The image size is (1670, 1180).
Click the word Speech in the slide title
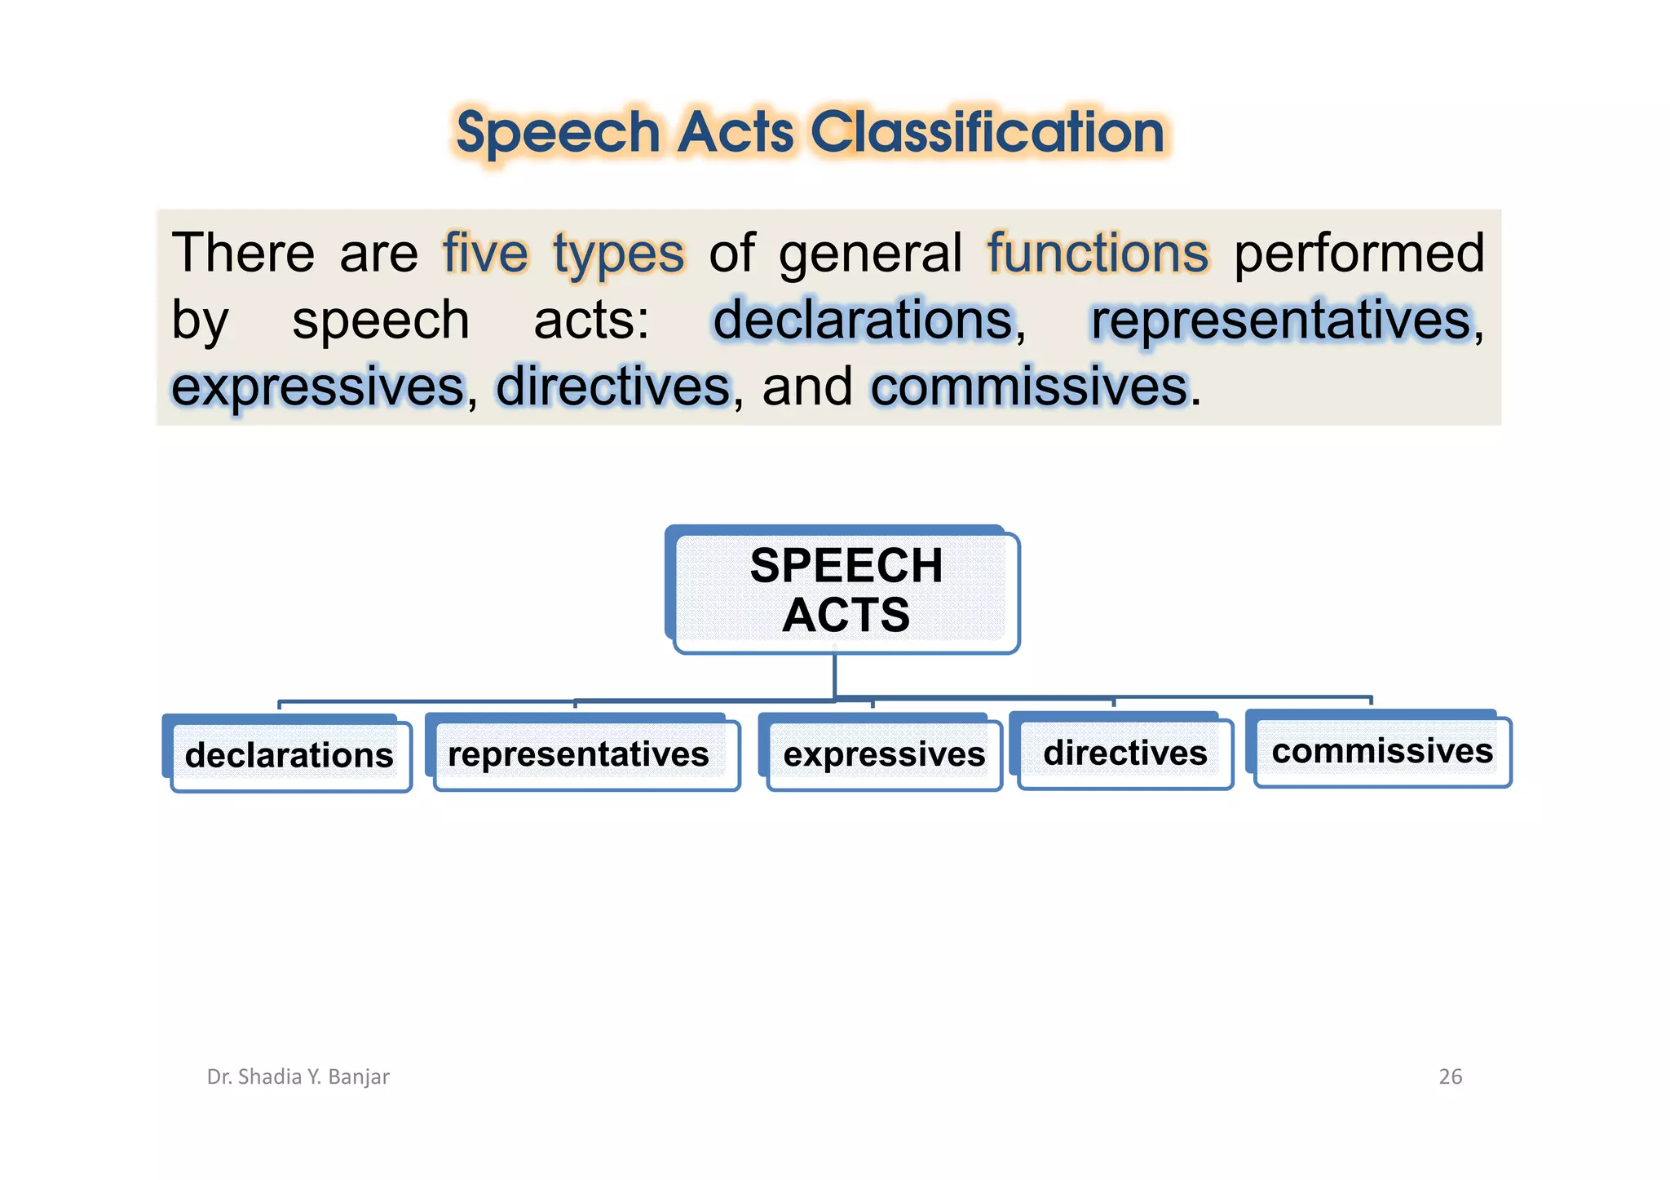(558, 134)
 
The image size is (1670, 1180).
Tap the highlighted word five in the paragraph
(485, 253)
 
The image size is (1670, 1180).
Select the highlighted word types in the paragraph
(618, 254)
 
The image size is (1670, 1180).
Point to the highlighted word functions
(1098, 253)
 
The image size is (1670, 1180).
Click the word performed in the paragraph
(1359, 253)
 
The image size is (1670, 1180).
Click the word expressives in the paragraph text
(318, 387)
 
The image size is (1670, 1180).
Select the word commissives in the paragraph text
(1029, 387)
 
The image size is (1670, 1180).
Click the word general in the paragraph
(870, 254)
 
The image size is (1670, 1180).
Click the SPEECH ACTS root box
(846, 590)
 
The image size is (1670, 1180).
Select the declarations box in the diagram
(289, 755)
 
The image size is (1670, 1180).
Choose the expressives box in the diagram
(883, 754)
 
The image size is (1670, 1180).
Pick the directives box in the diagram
(1124, 753)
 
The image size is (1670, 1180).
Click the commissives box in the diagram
(1381, 751)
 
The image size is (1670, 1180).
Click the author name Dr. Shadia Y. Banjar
(298, 1076)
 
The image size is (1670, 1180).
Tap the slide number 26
(1450, 1076)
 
